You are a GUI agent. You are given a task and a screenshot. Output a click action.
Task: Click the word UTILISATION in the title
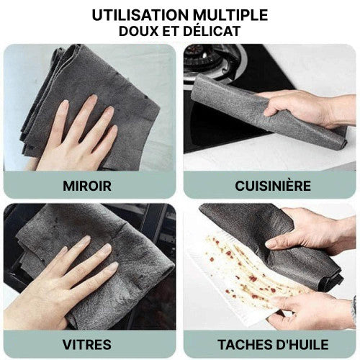coord(140,15)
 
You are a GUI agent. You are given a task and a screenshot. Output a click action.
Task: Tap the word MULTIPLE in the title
coord(231,15)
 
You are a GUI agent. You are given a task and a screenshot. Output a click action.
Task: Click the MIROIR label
coord(87,186)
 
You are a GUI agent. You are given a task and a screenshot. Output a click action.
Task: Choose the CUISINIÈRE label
coord(273,186)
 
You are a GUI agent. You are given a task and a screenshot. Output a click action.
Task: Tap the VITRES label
coord(87,345)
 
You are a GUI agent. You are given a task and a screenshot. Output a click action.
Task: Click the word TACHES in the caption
coord(246,345)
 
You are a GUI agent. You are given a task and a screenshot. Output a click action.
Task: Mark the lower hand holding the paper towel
coord(312,310)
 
